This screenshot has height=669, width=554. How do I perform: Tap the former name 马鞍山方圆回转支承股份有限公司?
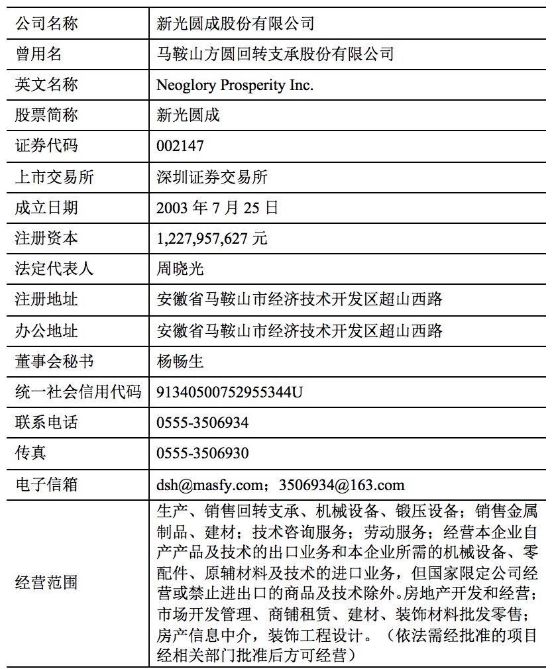click(x=275, y=54)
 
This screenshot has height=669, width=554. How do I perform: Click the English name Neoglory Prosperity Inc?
click(x=235, y=85)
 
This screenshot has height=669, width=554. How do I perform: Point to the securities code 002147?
click(x=180, y=146)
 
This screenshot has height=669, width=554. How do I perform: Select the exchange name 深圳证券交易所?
click(x=212, y=177)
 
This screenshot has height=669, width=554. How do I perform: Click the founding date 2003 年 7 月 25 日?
click(x=217, y=207)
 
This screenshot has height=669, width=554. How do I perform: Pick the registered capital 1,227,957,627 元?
click(x=212, y=238)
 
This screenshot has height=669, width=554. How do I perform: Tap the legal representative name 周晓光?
click(x=180, y=269)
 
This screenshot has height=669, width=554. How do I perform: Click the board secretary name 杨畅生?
click(x=180, y=361)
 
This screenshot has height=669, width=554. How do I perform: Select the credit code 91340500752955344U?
click(x=229, y=391)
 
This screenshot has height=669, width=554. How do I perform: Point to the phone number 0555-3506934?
click(x=203, y=423)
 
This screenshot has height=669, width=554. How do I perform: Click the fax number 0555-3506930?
click(x=203, y=453)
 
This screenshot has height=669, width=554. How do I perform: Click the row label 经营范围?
click(x=46, y=583)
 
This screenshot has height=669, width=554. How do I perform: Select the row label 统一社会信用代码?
click(x=78, y=391)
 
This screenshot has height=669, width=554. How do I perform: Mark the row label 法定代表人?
click(x=54, y=269)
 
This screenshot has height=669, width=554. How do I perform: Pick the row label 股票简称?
click(x=46, y=115)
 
